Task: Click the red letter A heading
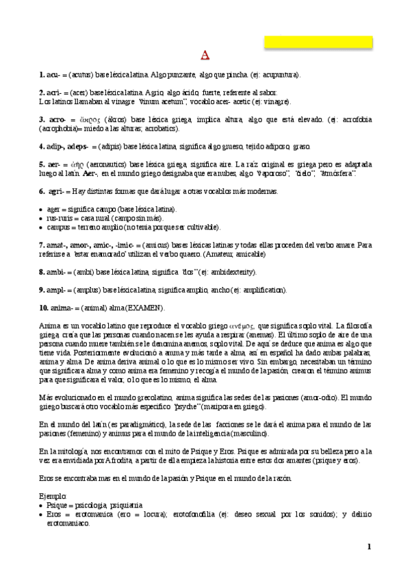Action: pyautogui.click(x=205, y=55)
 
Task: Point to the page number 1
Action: pyautogui.click(x=368, y=546)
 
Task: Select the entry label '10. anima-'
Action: pyautogui.click(x=55, y=308)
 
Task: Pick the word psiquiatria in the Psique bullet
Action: pyautogui.click(x=122, y=504)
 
